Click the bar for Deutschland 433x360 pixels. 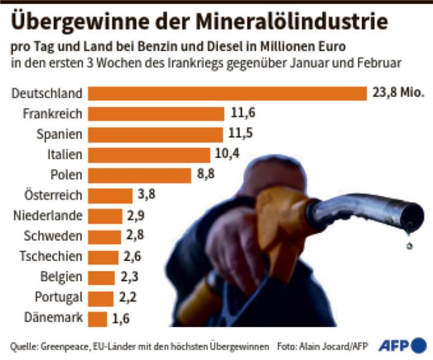click(227, 93)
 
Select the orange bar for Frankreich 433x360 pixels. click(156, 114)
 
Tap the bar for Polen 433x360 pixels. click(139, 175)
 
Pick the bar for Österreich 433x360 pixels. click(110, 196)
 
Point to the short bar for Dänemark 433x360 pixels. click(97, 319)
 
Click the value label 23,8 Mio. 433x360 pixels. click(399, 93)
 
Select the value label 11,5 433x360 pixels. click(240, 134)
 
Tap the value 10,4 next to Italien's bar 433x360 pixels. click(227, 155)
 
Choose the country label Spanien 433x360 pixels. click(59, 134)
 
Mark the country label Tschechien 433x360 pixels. click(51, 257)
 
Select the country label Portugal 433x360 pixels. click(59, 298)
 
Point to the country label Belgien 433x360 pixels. click(61, 277)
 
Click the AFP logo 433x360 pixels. click(402, 345)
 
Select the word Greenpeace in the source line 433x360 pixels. click(67, 346)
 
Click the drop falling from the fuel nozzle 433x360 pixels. click(410, 245)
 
